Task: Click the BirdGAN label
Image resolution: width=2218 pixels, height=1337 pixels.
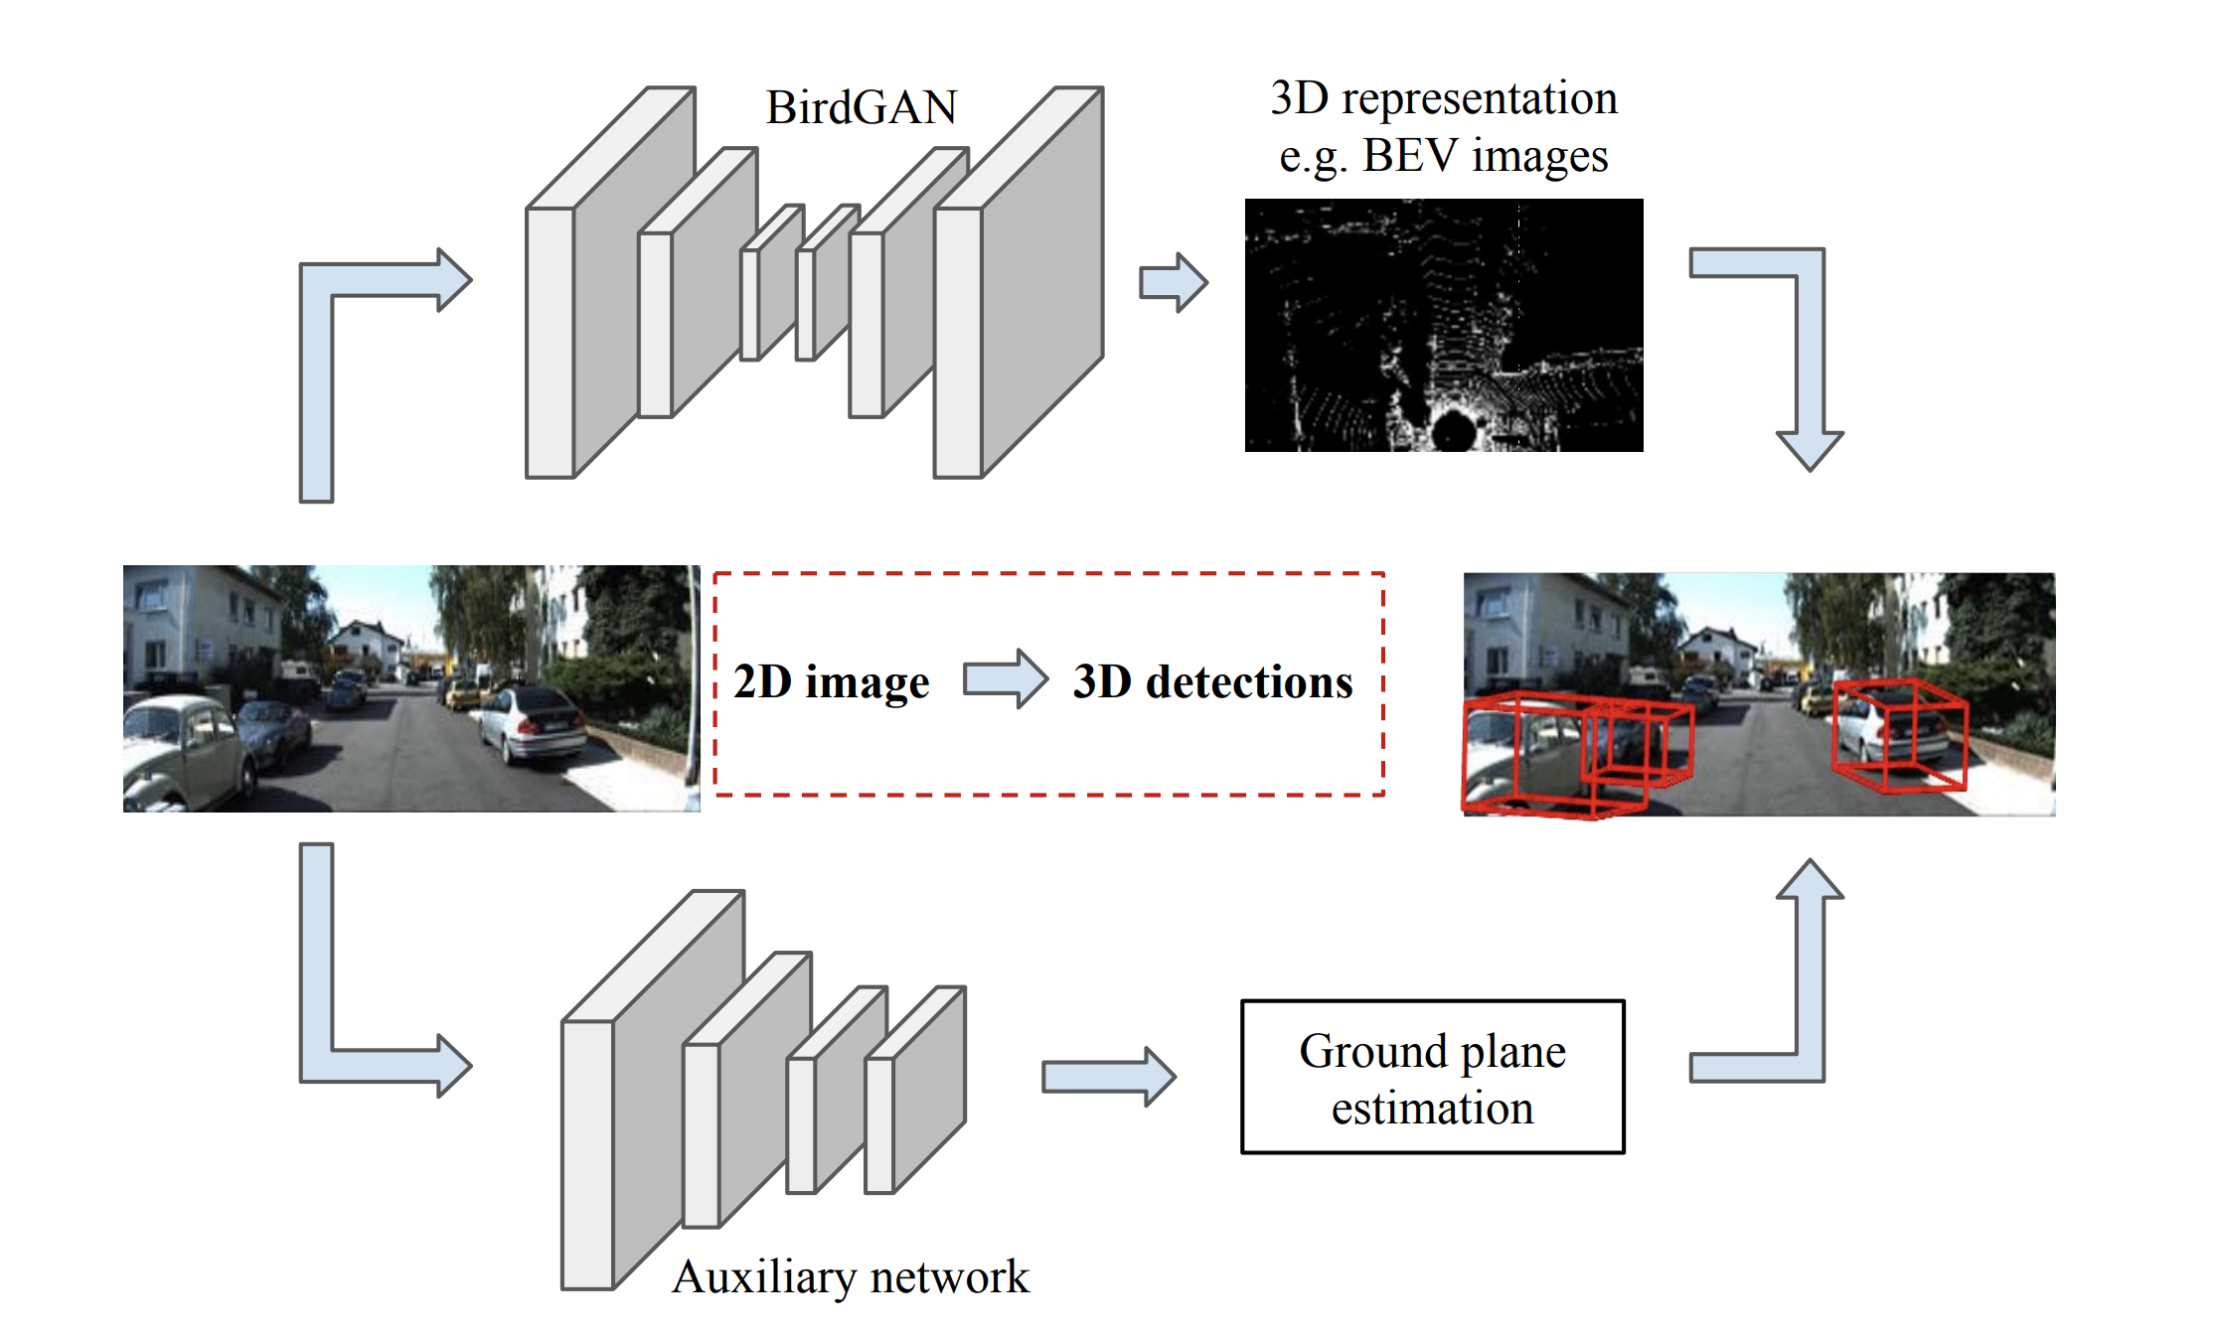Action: pos(861,107)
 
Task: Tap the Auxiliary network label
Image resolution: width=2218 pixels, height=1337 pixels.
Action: pos(851,1277)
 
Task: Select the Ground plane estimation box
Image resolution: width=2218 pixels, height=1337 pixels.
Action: pos(1432,1078)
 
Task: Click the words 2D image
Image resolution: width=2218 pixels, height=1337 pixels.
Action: pos(831,682)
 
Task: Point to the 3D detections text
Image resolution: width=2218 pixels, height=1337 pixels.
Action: pos(1212,682)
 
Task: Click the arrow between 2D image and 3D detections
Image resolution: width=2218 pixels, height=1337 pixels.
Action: pos(1005,679)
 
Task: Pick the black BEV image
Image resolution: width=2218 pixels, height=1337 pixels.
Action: pos(1443,325)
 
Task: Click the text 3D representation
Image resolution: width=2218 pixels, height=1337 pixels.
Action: pos(1444,98)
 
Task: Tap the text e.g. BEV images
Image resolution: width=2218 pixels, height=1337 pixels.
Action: pos(1443,156)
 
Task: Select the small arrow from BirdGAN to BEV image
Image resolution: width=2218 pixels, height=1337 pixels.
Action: pos(1173,282)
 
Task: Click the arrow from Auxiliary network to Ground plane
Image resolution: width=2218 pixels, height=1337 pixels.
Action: pos(1108,1076)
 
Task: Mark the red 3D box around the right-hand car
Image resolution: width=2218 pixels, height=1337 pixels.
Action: pos(1898,735)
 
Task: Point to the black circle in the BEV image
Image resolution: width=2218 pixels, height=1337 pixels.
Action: pos(1455,429)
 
